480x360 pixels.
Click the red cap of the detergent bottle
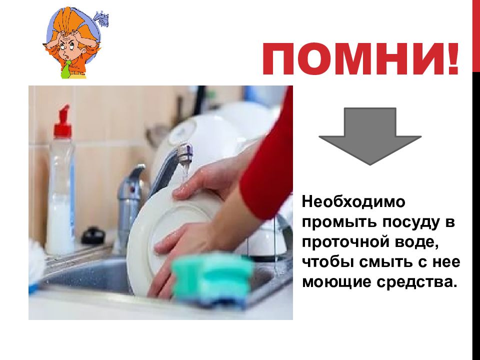tap(62, 125)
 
